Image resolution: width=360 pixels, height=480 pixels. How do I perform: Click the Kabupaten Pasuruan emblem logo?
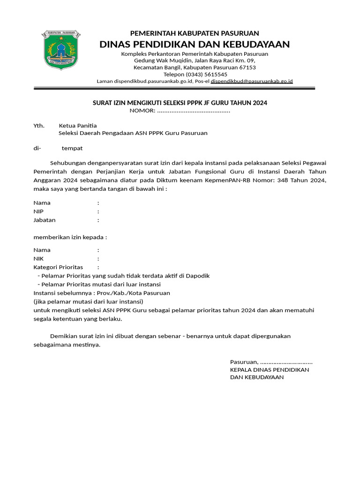pyautogui.click(x=61, y=49)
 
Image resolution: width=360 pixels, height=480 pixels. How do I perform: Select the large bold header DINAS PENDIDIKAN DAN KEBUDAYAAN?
pyautogui.click(x=195, y=45)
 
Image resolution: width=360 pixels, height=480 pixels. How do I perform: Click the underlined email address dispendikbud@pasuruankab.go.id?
pyautogui.click(x=252, y=81)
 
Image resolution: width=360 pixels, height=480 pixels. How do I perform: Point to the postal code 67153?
pyautogui.click(x=247, y=67)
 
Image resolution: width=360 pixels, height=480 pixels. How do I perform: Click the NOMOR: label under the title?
pyautogui.click(x=142, y=111)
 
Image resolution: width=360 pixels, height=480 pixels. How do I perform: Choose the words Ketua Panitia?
pyautogui.click(x=78, y=126)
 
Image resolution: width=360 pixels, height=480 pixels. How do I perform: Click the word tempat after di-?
pyautogui.click(x=72, y=148)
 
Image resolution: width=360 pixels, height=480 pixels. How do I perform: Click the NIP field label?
pyautogui.click(x=38, y=211)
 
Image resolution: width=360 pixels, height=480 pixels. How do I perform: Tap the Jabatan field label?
pyautogui.click(x=44, y=220)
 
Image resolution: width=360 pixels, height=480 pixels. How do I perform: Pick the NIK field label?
pyautogui.click(x=38, y=259)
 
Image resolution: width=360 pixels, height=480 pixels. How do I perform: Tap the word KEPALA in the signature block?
pyautogui.click(x=241, y=369)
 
